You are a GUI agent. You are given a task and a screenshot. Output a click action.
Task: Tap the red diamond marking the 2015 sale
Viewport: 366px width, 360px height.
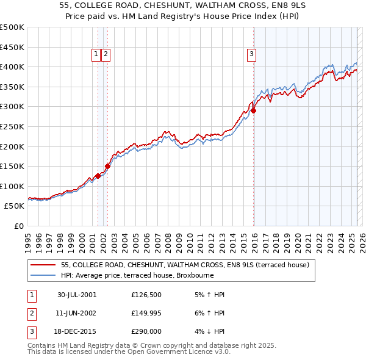253,111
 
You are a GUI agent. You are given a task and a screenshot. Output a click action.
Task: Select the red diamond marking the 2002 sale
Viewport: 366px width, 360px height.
107,166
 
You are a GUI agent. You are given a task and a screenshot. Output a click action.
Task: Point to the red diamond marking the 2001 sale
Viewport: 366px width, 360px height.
98,176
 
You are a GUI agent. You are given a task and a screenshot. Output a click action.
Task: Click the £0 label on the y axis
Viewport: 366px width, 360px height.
20,226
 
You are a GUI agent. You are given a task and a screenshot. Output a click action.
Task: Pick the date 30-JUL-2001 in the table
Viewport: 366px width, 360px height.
77,295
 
